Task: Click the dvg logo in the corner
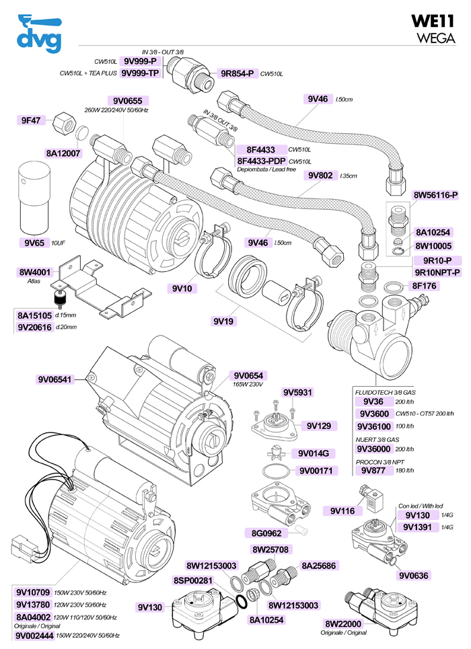[x=38, y=33]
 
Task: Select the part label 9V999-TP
[x=140, y=73]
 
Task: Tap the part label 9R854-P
[x=235, y=73]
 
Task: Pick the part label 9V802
[x=320, y=176]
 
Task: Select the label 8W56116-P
[x=435, y=195]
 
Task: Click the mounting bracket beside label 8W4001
[x=101, y=282]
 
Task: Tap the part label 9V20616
[x=34, y=327]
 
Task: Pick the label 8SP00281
[x=193, y=580]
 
